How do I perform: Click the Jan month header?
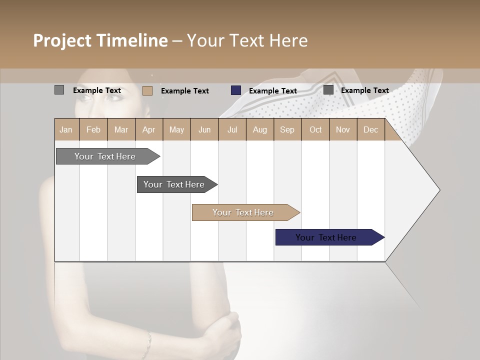[66, 129]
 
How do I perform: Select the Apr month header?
[148, 129]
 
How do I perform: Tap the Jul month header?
[232, 129]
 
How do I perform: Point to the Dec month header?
[370, 129]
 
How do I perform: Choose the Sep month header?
[287, 129]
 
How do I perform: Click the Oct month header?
[315, 129]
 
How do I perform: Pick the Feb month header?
[93, 129]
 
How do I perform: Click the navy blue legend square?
[236, 90]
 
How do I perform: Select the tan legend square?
[147, 90]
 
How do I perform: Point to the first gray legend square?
[59, 90]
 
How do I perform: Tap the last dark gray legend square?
[328, 90]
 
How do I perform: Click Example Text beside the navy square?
[273, 91]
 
